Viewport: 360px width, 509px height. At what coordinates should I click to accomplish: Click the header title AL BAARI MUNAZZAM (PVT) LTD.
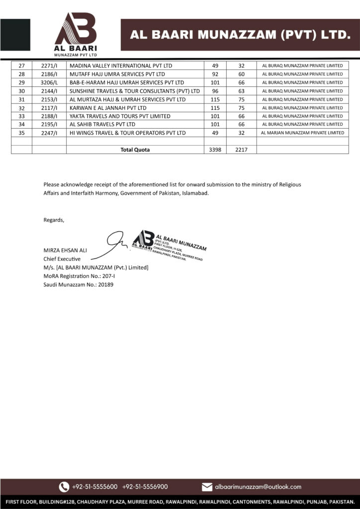point(240,35)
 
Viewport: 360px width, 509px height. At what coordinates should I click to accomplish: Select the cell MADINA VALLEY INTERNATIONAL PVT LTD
point(121,66)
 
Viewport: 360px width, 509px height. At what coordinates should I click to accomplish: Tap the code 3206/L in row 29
point(49,83)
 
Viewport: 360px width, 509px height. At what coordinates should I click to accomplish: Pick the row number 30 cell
point(21,91)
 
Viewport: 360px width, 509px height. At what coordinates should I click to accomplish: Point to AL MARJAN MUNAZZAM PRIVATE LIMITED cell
point(302,133)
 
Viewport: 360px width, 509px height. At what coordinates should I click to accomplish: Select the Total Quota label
point(135,149)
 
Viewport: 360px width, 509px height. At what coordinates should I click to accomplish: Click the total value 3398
point(215,149)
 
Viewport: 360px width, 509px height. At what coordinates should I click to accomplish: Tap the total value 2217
point(242,149)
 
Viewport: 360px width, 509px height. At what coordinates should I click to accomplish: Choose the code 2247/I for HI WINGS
point(49,133)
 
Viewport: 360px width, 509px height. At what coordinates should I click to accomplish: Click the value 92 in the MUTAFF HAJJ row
point(215,74)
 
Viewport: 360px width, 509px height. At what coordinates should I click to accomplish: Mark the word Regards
point(54,220)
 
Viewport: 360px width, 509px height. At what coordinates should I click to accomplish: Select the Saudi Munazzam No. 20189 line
point(78,285)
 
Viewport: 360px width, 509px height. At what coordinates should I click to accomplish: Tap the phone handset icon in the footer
point(64,487)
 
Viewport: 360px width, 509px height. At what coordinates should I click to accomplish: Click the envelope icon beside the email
point(207,487)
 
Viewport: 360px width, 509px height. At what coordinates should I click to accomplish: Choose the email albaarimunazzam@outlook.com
point(258,487)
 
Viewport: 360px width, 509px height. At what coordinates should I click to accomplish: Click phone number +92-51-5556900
point(145,487)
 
